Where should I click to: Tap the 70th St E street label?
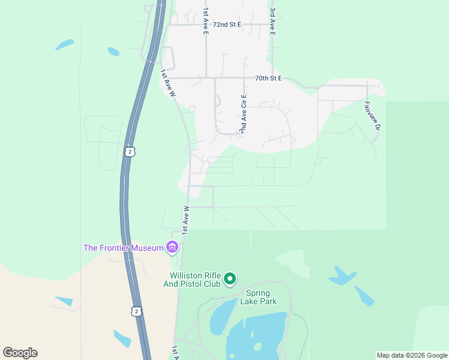pyautogui.click(x=268, y=79)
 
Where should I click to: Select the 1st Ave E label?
pyautogui.click(x=205, y=21)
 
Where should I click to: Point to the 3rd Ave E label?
pyautogui.click(x=272, y=21)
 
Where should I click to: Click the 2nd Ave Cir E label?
pyautogui.click(x=243, y=114)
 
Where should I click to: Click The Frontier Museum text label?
pyautogui.click(x=124, y=248)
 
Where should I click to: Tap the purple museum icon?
pyautogui.click(x=173, y=247)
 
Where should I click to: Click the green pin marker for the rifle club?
pyautogui.click(x=229, y=279)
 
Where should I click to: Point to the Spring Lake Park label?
pyautogui.click(x=260, y=297)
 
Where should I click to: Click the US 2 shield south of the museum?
pyautogui.click(x=137, y=311)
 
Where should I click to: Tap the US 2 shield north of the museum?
pyautogui.click(x=130, y=152)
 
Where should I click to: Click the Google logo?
pyautogui.click(x=20, y=353)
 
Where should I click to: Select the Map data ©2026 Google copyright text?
pyautogui.click(x=412, y=355)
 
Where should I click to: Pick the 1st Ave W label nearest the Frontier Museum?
pyautogui.click(x=185, y=218)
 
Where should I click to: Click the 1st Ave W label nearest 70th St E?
pyautogui.click(x=168, y=83)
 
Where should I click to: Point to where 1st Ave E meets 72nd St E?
pyautogui.click(x=206, y=25)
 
